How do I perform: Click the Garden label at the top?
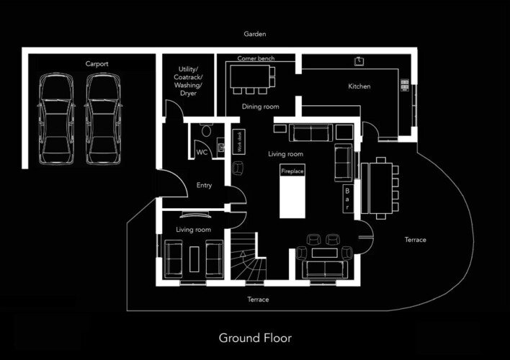[255, 34]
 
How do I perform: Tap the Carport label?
[97, 64]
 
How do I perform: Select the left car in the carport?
[56, 119]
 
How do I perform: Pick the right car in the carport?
[104, 119]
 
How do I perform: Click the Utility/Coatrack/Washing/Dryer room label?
[188, 81]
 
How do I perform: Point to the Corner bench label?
[256, 58]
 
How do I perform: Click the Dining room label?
[260, 107]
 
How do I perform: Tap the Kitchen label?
[359, 86]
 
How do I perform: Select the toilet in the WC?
[206, 131]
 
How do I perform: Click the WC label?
[202, 153]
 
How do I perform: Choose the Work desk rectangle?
[238, 141]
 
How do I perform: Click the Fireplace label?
[292, 171]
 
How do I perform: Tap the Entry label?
[204, 185]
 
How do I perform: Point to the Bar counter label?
[347, 199]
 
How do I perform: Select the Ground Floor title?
[255, 338]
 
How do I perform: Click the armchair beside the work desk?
[238, 168]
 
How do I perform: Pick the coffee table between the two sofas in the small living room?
[194, 259]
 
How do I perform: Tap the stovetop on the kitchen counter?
[405, 85]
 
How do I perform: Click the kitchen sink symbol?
[359, 61]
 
